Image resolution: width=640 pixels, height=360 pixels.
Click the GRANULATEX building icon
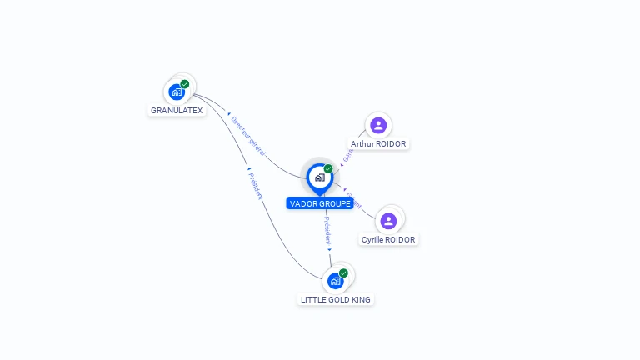[x=176, y=92]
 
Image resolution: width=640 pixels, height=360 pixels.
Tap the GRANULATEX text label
[x=177, y=111]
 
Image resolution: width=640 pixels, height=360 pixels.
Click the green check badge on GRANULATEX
[x=185, y=84]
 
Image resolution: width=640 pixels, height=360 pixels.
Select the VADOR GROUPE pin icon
[x=319, y=177]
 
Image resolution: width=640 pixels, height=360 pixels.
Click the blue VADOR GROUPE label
[x=320, y=203]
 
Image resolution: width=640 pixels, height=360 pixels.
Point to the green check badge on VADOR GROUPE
[x=328, y=169]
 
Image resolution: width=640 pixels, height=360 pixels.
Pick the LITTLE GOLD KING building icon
[x=335, y=281]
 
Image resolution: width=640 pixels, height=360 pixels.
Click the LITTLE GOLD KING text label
[x=336, y=299]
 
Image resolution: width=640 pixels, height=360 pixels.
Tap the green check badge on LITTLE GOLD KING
[x=343, y=273]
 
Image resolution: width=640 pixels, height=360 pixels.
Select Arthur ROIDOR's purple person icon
[x=378, y=126]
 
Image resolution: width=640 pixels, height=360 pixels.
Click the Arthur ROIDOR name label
[x=378, y=144]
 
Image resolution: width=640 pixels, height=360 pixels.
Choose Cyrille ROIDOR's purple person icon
[x=388, y=221]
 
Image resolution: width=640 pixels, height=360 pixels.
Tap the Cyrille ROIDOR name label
[x=388, y=240]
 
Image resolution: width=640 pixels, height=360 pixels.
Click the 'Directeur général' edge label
[x=247, y=136]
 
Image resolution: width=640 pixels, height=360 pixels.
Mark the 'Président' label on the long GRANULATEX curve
[x=256, y=184]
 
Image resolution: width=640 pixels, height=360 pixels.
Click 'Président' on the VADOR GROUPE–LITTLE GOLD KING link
[x=327, y=229]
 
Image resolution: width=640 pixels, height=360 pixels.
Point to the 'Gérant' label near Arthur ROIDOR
[x=347, y=154]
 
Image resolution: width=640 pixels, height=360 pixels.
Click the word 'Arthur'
[x=362, y=144]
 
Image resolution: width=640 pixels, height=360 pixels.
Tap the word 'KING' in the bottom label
[x=361, y=299]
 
